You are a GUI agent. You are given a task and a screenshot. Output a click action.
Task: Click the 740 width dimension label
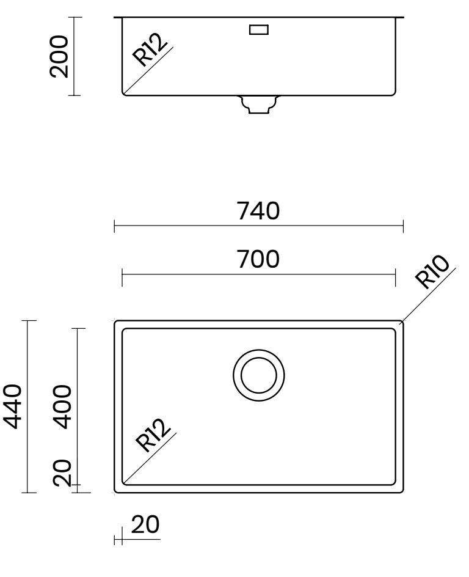click(258, 211)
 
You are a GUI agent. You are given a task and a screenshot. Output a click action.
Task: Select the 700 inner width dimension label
click(258, 259)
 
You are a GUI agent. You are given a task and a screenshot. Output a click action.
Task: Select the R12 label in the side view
click(150, 50)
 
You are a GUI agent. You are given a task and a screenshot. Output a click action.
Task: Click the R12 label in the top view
click(153, 435)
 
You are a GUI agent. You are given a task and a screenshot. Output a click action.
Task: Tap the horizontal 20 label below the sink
click(145, 525)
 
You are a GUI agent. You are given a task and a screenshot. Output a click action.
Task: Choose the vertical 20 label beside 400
click(62, 472)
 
